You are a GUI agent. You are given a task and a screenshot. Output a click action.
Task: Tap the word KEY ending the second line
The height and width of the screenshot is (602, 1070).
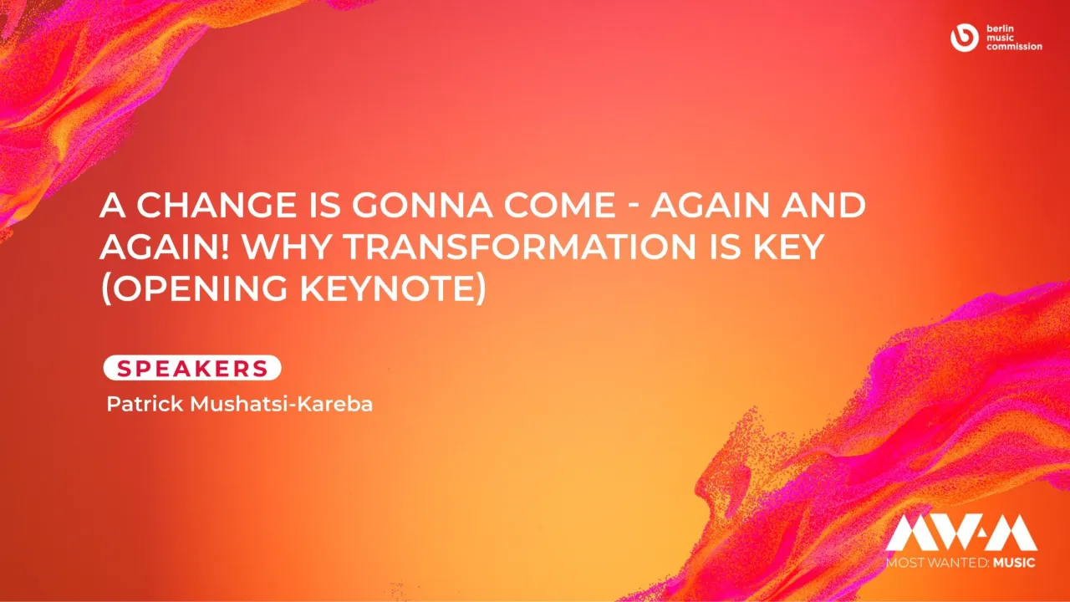tap(793, 249)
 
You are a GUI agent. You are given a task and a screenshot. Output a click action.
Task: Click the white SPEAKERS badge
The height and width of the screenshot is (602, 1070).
tap(192, 368)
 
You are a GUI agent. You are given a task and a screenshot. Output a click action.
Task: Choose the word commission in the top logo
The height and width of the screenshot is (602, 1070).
tap(1014, 47)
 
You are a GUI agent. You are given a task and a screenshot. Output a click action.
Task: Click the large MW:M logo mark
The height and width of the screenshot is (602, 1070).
tap(960, 533)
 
